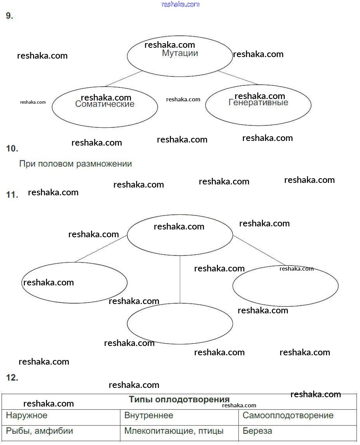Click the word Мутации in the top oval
point(180,53)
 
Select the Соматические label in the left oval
point(105,104)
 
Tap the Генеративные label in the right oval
point(258,103)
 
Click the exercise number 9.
point(10,16)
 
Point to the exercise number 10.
point(12,148)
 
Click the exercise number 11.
point(12,195)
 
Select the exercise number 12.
point(12,377)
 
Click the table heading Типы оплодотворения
point(179,400)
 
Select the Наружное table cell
point(27,415)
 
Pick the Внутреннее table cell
point(149,415)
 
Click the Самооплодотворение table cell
point(288,415)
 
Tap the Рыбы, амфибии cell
point(40,431)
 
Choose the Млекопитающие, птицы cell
point(174,431)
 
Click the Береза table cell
point(257,431)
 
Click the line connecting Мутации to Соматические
point(124,78)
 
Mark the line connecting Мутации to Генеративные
point(238,78)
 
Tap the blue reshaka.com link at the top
point(180,4)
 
